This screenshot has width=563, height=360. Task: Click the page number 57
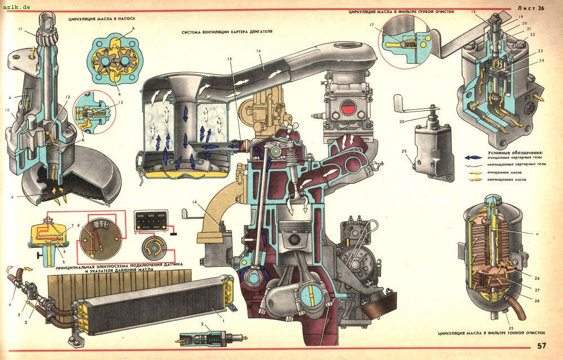click(541, 346)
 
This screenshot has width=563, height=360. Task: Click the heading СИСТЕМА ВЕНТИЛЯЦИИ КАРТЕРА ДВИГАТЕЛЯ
click(227, 32)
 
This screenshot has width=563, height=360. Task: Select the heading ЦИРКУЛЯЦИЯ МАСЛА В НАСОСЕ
click(104, 19)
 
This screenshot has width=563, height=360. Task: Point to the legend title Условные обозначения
click(515, 153)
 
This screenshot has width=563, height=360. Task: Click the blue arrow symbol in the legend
click(475, 158)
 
